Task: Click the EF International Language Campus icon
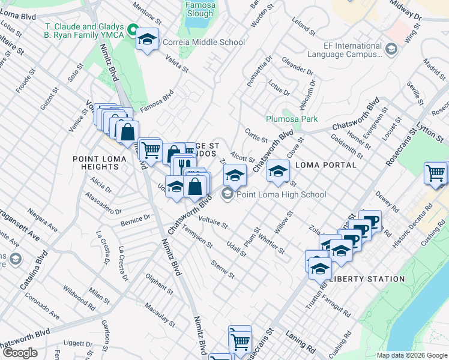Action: (x=391, y=49)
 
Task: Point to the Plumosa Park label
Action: (x=292, y=119)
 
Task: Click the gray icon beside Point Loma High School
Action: (x=227, y=194)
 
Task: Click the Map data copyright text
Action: (x=411, y=355)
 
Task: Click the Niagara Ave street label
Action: (x=43, y=221)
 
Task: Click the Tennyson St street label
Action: (x=197, y=237)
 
